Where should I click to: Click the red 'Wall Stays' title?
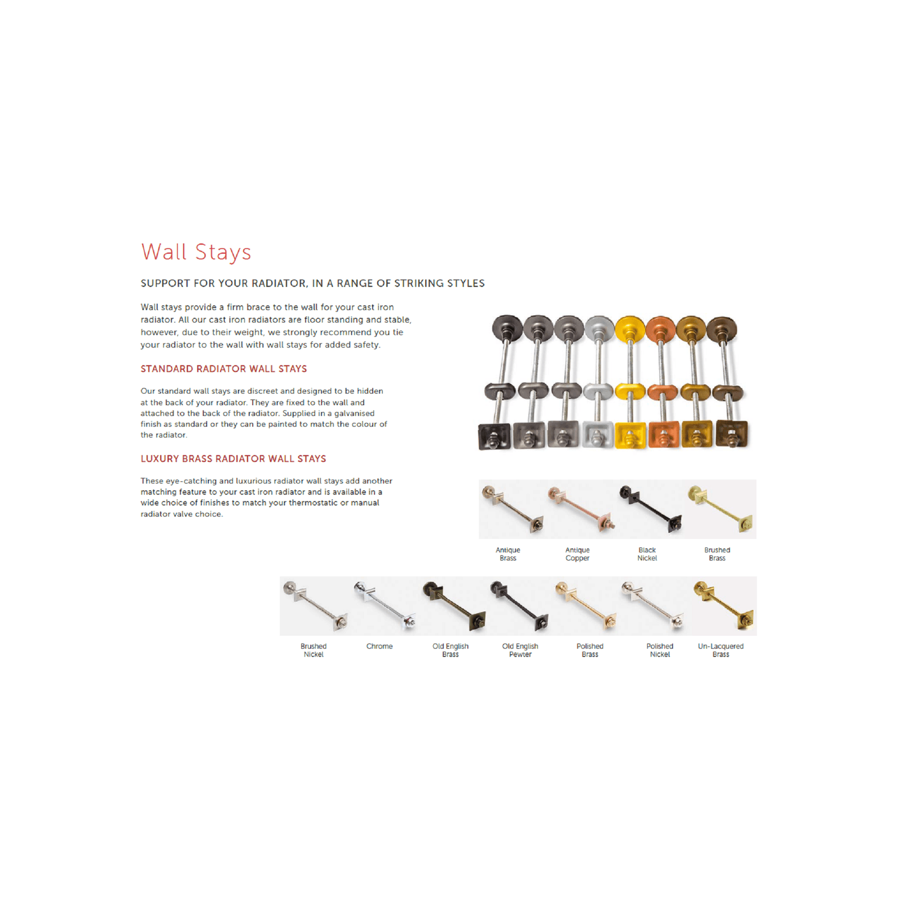(196, 252)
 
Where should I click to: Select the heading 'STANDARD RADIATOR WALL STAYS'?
(224, 369)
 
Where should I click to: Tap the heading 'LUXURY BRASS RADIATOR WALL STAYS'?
(233, 459)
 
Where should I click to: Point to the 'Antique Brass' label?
(508, 554)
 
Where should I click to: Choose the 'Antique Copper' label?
(578, 554)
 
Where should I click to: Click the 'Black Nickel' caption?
(647, 554)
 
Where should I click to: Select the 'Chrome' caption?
(379, 646)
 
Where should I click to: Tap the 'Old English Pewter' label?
(520, 650)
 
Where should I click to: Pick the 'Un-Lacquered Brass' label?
(720, 650)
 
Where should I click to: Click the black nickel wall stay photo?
(651, 509)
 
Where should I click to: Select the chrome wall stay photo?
(385, 605)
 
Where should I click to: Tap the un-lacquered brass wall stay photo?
(724, 605)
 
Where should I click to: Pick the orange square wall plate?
(664, 434)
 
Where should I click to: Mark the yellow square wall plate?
(630, 435)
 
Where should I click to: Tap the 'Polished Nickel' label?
(659, 650)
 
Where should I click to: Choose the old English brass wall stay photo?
(454, 606)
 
